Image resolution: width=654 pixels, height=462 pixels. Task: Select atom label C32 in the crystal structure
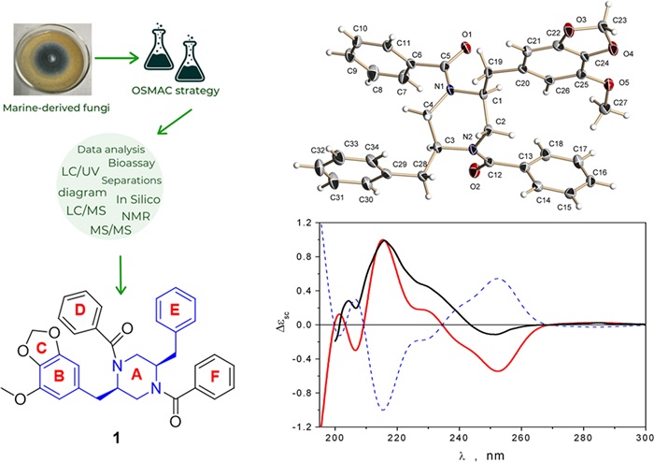(x=319, y=149)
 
